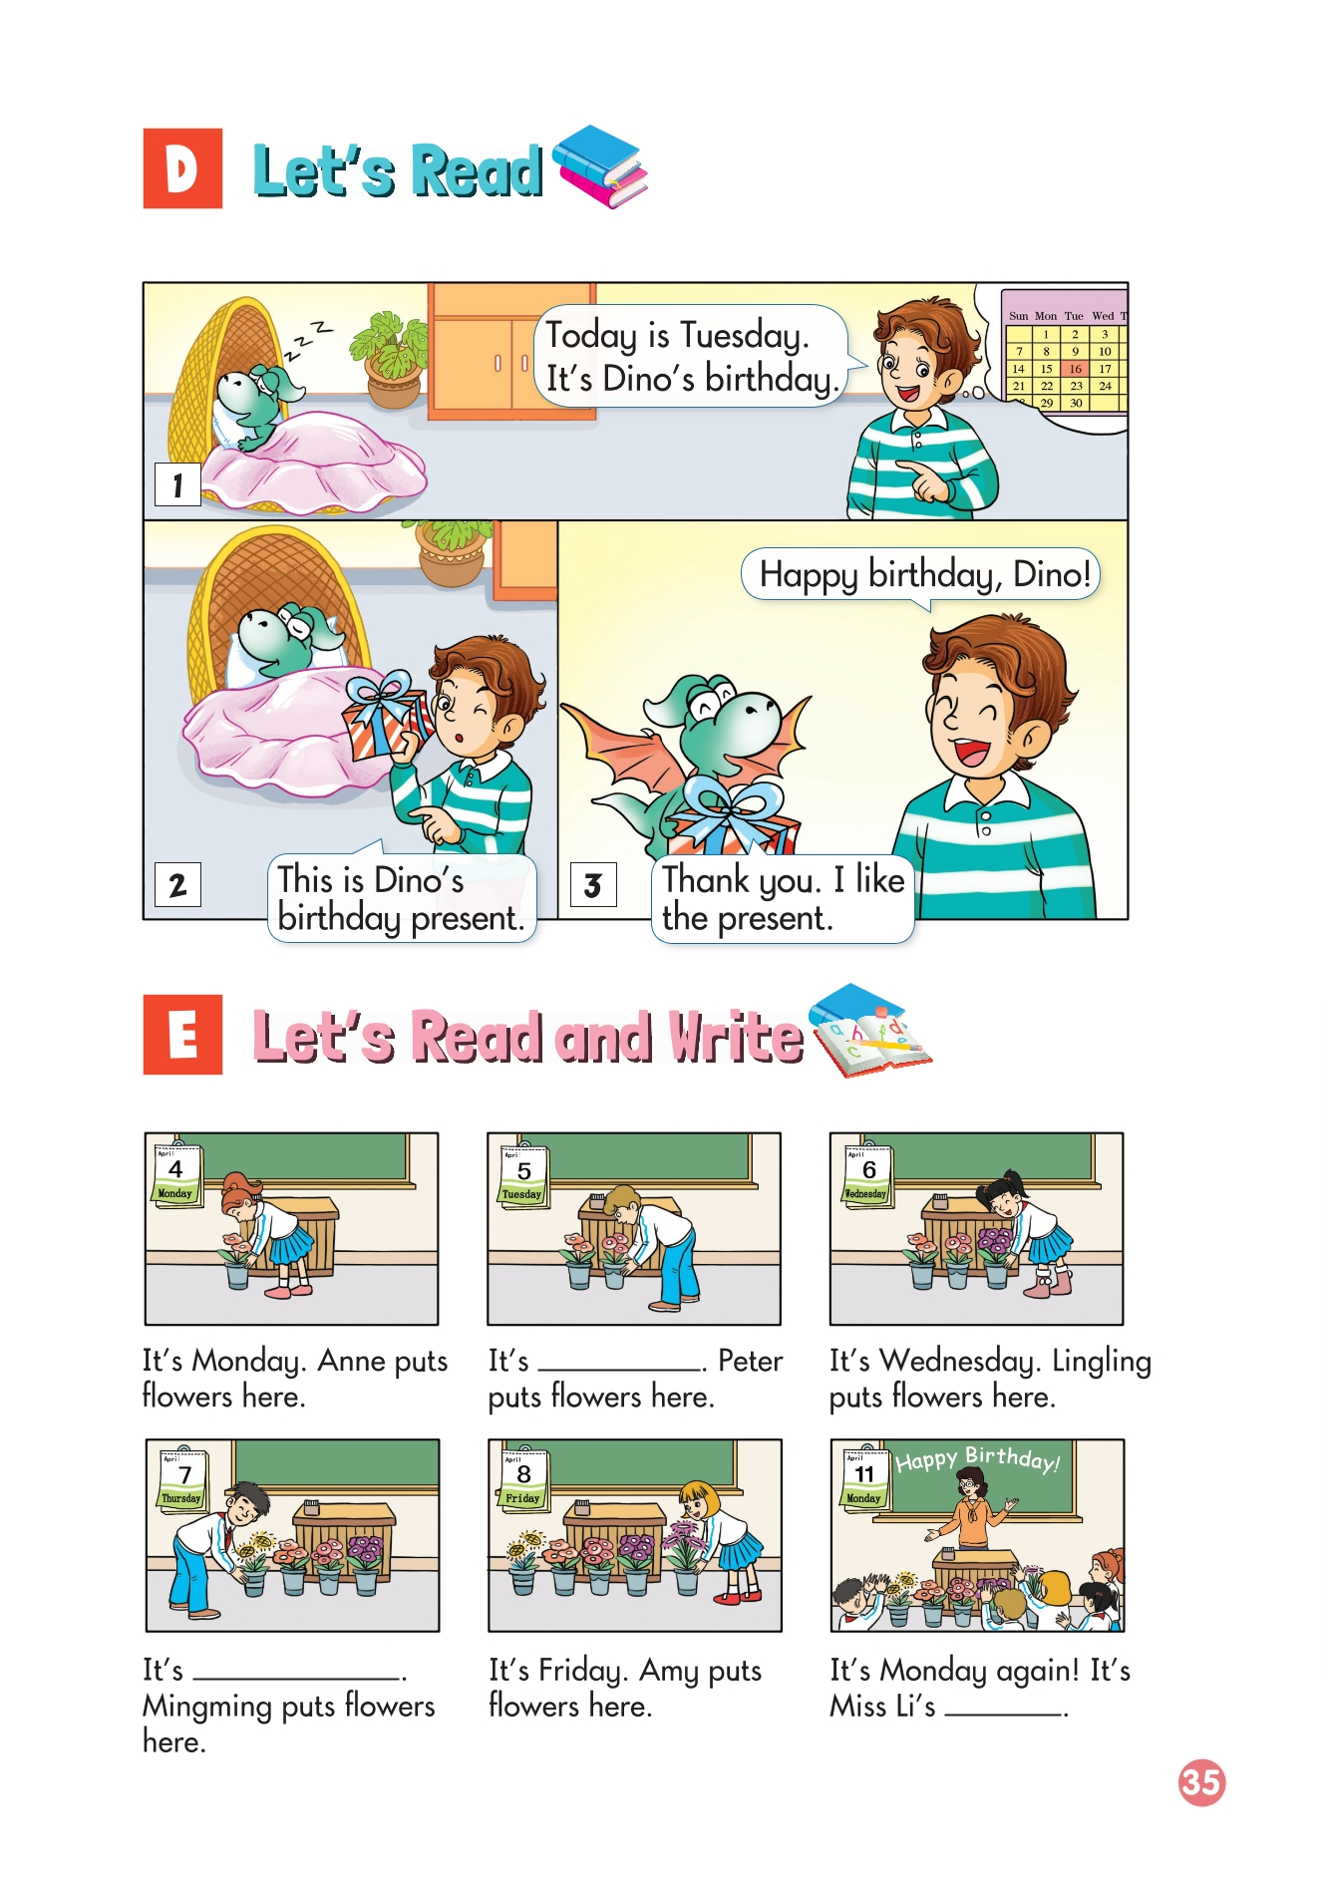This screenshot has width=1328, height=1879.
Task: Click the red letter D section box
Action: [x=182, y=168]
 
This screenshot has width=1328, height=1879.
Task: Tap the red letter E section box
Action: [x=182, y=1034]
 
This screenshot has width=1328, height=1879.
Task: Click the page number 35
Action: [x=1201, y=1782]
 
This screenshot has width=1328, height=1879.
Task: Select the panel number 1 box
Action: [x=177, y=484]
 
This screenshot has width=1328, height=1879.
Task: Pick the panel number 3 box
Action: [x=593, y=884]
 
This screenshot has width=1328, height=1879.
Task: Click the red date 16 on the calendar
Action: [x=1076, y=369]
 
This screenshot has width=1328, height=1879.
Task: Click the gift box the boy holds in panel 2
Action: [x=386, y=716]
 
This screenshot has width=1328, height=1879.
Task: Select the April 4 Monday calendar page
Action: [x=176, y=1174]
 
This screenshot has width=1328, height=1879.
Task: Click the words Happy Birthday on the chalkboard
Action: [x=977, y=1459]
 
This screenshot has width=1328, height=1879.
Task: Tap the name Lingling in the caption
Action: [x=1102, y=1362]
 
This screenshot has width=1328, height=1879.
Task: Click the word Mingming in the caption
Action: [x=208, y=1708]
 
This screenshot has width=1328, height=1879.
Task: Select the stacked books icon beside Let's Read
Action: [x=600, y=165]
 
